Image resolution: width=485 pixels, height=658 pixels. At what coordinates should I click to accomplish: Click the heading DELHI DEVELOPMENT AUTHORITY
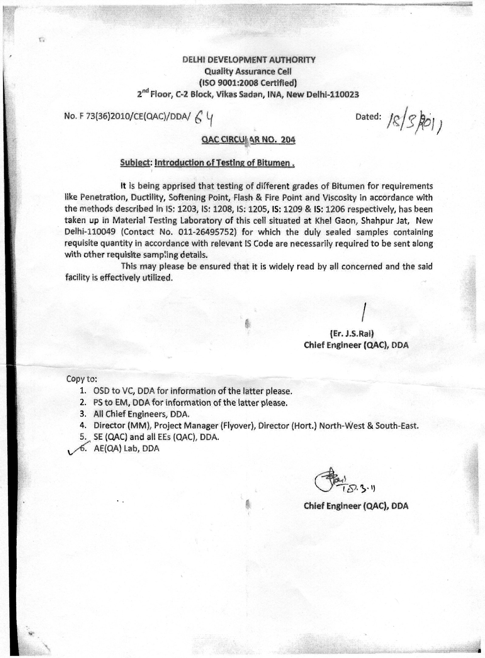point(249,60)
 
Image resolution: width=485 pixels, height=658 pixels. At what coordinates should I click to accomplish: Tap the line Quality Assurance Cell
point(248,71)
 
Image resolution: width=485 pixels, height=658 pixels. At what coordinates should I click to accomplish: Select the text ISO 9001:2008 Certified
point(248,83)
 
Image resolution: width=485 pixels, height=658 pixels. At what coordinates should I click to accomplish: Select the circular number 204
point(288,140)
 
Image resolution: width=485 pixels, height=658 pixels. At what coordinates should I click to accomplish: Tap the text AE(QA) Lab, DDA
point(126,449)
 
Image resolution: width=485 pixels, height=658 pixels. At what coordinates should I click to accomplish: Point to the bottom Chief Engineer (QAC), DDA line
point(356,506)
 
